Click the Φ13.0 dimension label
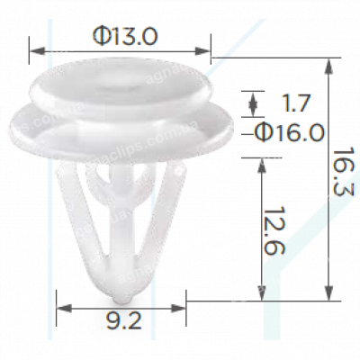125,35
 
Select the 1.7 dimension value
290,102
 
